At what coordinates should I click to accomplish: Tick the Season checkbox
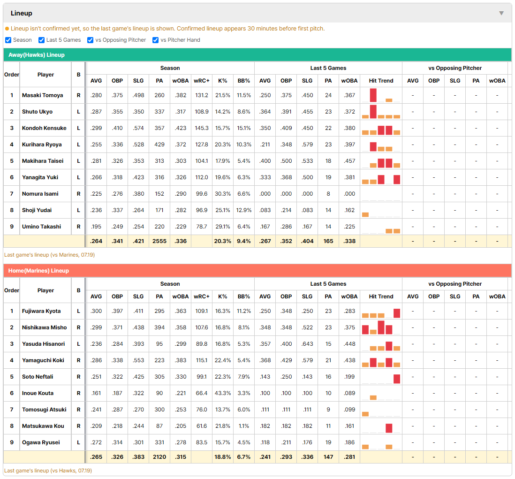pos(8,40)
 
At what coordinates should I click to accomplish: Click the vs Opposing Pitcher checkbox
pos(91,40)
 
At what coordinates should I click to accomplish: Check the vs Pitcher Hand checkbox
pos(155,40)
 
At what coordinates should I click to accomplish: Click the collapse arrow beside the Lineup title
pos(501,14)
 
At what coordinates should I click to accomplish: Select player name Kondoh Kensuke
pos(44,128)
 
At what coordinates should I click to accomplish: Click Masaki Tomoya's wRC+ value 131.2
pos(202,95)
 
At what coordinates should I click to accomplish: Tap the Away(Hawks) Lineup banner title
pos(37,55)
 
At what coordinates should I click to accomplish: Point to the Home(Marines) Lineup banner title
pos(38,271)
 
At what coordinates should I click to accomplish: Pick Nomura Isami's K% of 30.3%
pos(223,194)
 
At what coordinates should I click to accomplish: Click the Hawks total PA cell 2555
pos(159,241)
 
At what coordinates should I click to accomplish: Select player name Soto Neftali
pos(38,377)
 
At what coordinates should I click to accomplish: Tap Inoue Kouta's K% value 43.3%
pos(223,393)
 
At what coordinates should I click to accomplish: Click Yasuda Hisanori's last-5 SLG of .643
pos(307,344)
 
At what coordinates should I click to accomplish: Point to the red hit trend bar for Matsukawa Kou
pos(389,428)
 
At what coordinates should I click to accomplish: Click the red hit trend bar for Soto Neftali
pos(397,379)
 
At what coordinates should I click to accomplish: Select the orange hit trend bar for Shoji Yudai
pos(365,215)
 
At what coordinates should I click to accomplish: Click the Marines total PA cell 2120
pos(159,457)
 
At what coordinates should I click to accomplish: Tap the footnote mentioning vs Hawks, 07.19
pos(48,471)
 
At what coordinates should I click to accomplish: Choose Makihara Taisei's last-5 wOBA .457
pos(349,161)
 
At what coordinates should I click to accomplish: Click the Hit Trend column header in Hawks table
pos(381,81)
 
